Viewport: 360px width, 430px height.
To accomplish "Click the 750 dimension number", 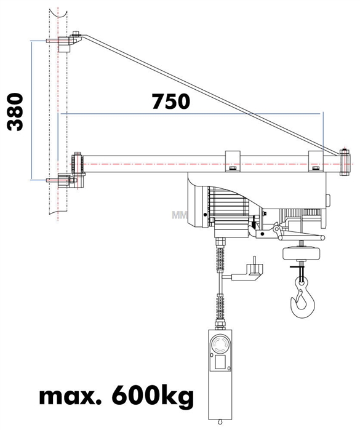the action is [x=171, y=101].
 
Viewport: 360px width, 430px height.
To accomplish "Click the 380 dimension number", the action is [x=15, y=112].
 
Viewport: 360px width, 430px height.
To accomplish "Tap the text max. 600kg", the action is [x=116, y=396].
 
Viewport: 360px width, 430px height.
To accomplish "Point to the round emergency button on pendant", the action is [x=220, y=344].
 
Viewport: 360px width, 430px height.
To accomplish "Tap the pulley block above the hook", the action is [x=302, y=254].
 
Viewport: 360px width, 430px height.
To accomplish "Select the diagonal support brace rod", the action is [x=211, y=95].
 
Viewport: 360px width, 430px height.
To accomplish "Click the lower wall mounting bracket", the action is [x=66, y=180].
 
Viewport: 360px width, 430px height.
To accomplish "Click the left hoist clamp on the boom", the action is [x=233, y=161].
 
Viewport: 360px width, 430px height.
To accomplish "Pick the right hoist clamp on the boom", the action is [x=316, y=161].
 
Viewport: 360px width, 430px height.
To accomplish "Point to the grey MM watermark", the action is [x=180, y=215].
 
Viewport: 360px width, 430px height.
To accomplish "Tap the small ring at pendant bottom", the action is [x=219, y=422].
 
